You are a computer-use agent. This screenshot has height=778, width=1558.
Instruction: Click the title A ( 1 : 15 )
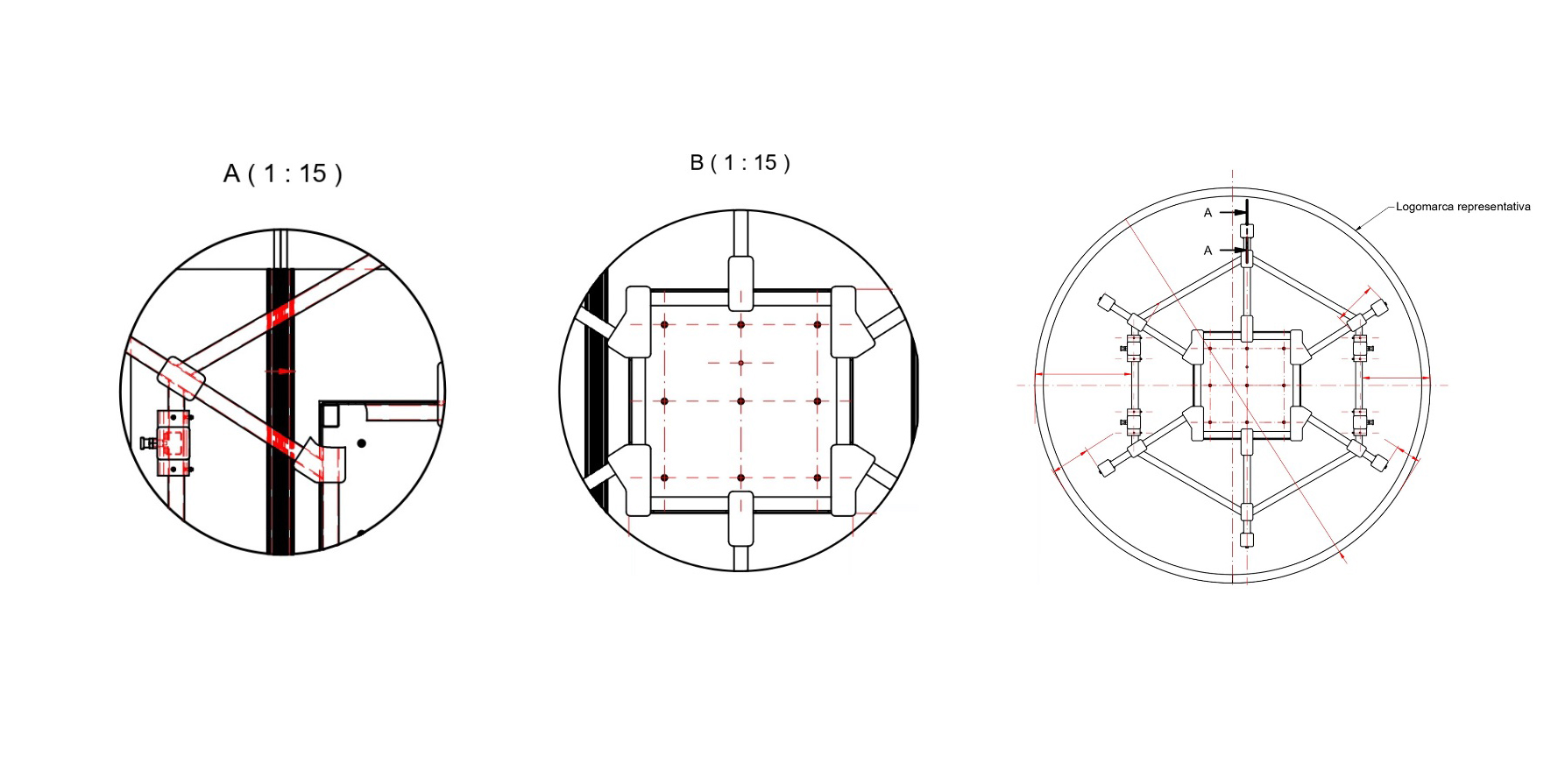tap(282, 173)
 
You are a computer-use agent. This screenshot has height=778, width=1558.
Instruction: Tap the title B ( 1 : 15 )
tap(740, 163)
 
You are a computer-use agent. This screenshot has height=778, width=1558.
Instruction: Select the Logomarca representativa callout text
tap(1462, 207)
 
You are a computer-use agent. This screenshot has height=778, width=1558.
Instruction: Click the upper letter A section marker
tap(1208, 213)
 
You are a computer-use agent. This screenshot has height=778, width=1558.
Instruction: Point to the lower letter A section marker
tap(1208, 251)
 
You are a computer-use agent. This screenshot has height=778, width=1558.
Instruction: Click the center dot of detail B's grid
tap(740, 401)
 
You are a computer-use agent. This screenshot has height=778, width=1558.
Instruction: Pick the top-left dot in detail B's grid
tap(665, 325)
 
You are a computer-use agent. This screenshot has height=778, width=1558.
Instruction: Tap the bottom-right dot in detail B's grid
tap(818, 477)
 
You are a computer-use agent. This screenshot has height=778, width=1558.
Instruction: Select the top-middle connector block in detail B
tap(740, 282)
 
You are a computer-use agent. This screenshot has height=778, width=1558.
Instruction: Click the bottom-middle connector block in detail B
tap(740, 518)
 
